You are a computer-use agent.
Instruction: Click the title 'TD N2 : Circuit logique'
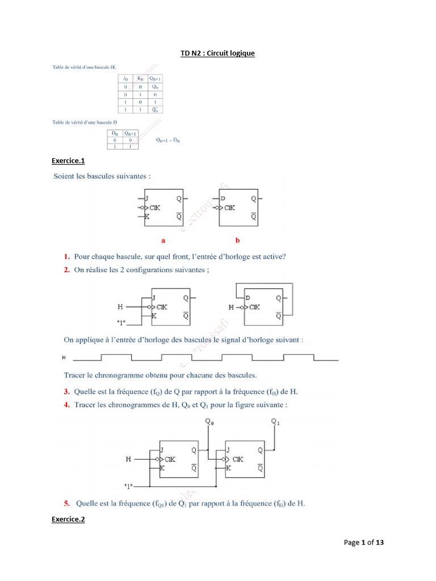point(217,53)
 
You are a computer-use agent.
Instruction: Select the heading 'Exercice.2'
point(68,519)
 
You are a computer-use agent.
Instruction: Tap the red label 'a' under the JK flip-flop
point(163,240)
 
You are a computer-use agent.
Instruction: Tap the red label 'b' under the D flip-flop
point(238,240)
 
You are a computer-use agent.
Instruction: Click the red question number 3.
point(66,391)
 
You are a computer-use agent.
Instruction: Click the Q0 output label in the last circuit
point(209,422)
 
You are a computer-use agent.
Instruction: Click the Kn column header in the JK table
point(140,78)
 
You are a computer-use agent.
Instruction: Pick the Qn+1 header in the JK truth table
point(156,78)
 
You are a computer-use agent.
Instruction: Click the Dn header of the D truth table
point(114,133)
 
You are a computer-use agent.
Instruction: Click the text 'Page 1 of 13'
point(364,542)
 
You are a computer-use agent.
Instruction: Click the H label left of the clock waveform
point(64,358)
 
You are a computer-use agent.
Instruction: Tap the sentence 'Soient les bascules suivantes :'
point(102,176)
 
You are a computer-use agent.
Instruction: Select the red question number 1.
point(66,256)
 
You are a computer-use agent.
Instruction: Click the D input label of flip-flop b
point(223,199)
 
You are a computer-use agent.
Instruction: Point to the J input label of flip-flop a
point(146,199)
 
